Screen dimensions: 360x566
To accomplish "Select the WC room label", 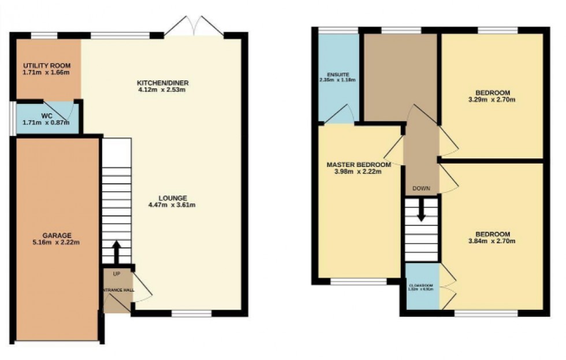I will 47,115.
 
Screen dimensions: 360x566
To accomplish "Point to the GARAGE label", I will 57,235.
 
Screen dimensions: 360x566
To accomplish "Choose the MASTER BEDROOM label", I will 358,164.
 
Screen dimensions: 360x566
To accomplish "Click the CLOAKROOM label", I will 421,285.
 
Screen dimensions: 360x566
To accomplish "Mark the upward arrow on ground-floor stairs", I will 116,251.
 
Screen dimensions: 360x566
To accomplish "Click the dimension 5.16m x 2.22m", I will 57,243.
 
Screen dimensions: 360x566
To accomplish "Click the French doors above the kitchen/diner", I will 194,27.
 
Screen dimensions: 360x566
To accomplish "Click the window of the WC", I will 13,119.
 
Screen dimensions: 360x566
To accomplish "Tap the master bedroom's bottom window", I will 358,281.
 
